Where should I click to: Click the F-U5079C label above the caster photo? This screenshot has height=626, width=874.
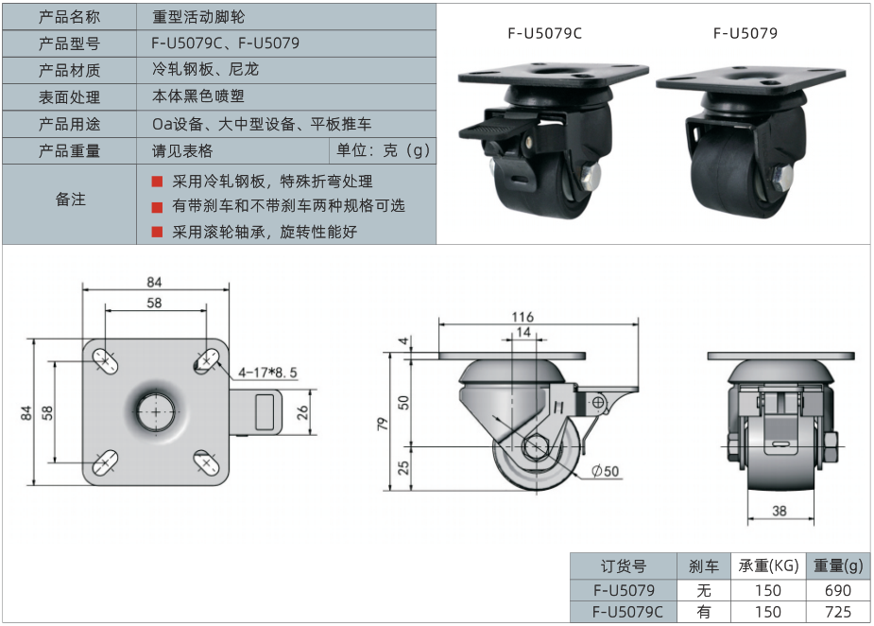(x=544, y=34)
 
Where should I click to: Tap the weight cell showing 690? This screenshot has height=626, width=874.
(x=838, y=589)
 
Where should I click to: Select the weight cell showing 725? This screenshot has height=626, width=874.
(x=838, y=612)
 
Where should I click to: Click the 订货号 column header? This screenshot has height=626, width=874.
(x=624, y=565)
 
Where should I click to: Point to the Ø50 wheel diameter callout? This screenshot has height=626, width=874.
(x=606, y=470)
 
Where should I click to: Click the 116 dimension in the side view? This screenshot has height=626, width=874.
(x=522, y=318)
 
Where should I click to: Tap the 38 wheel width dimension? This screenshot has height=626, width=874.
(x=779, y=511)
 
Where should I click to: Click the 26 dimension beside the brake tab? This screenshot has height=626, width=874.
(x=301, y=410)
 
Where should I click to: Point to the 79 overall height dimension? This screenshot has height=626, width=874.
(x=383, y=422)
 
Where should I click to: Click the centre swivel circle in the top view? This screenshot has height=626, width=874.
(x=155, y=410)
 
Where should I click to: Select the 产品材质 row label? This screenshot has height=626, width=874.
(x=70, y=70)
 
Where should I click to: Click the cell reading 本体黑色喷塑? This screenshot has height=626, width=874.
(x=198, y=96)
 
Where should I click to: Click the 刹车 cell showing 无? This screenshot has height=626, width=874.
(x=703, y=589)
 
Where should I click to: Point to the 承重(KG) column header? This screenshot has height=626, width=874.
(x=768, y=565)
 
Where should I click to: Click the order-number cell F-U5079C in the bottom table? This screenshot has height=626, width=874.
(x=624, y=612)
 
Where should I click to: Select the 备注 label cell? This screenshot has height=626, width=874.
(x=70, y=200)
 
